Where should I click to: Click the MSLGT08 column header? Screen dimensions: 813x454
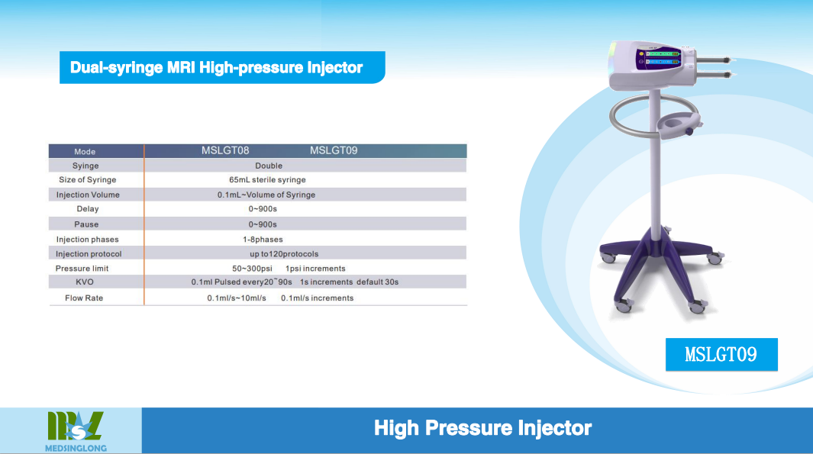[225, 150]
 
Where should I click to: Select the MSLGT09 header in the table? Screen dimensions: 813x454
[334, 150]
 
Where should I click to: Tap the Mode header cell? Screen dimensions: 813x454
[85, 151]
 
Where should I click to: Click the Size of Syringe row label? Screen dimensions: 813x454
[87, 180]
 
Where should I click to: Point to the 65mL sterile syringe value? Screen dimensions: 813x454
[267, 180]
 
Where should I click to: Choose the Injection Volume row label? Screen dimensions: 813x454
[88, 195]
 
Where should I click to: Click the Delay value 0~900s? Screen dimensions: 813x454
[263, 209]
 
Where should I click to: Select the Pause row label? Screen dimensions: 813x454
[86, 224]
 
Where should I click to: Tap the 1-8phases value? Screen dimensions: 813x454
[263, 240]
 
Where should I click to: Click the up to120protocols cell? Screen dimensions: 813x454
[284, 254]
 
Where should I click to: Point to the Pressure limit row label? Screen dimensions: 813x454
[82, 269]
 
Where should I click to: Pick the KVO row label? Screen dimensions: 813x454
[85, 282]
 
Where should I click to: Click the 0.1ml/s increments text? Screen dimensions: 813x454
[318, 298]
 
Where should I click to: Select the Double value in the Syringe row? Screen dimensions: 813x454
[269, 166]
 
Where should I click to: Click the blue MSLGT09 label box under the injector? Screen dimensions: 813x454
[721, 355]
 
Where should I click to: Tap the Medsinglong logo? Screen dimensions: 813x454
[76, 431]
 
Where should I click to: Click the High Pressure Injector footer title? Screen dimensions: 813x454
[482, 428]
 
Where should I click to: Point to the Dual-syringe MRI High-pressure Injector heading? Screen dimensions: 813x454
[216, 67]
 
